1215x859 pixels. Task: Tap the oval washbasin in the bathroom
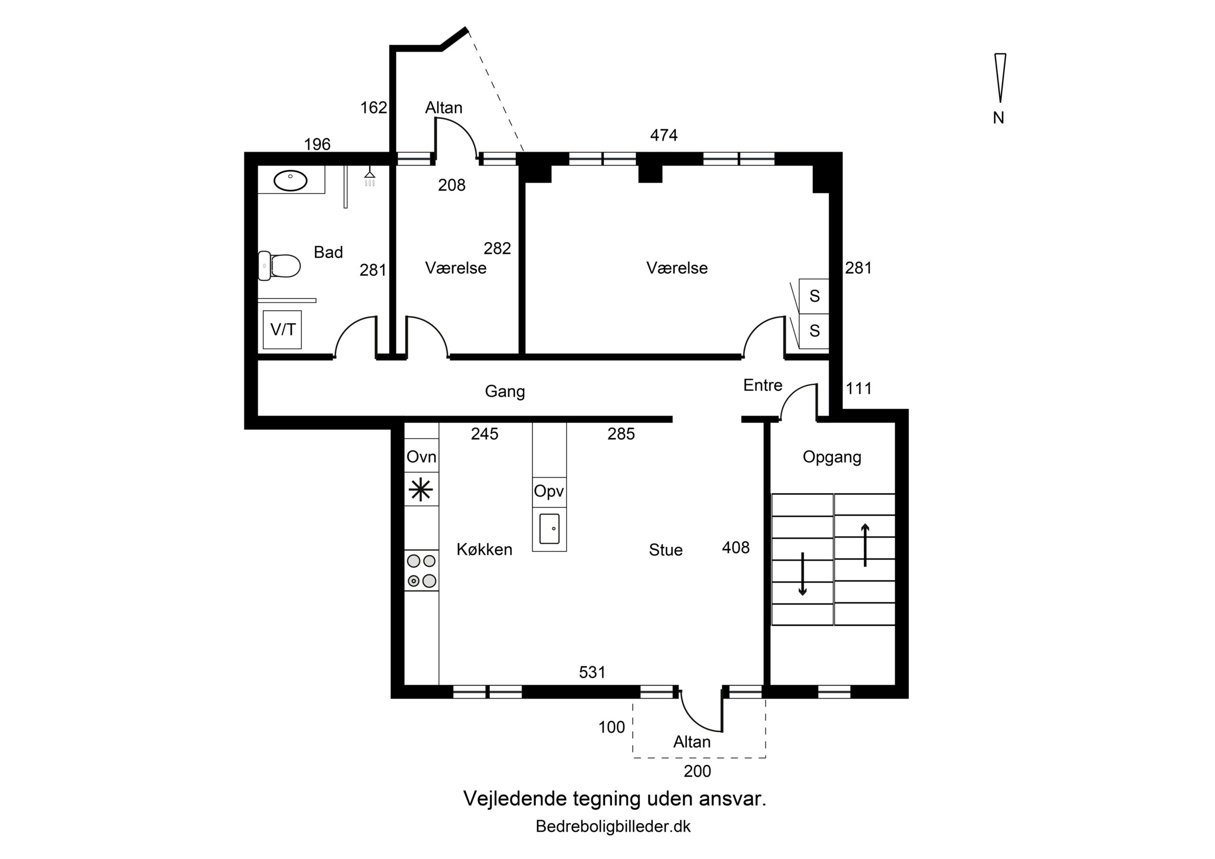click(290, 180)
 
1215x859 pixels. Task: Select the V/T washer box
click(282, 330)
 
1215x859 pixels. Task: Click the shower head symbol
click(370, 178)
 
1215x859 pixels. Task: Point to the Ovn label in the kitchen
click(421, 456)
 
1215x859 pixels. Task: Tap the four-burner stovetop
click(422, 570)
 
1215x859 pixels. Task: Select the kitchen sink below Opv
click(549, 528)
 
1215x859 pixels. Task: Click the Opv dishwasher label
click(549, 491)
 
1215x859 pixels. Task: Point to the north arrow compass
click(1000, 78)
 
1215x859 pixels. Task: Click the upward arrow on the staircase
click(865, 545)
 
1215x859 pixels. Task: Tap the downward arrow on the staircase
click(802, 574)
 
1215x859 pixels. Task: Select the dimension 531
click(592, 672)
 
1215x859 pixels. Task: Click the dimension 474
click(664, 135)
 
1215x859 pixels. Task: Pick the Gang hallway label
click(505, 392)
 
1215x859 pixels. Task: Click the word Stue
click(666, 550)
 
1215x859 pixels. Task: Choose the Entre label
click(763, 385)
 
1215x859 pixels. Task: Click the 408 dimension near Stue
click(736, 548)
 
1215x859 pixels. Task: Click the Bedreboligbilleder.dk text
click(613, 827)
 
